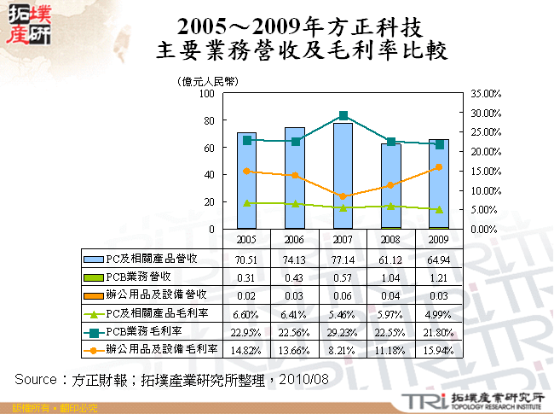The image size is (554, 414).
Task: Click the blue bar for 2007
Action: coord(343,176)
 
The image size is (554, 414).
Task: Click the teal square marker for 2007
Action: coord(343,115)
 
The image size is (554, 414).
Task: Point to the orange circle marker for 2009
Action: coord(439,167)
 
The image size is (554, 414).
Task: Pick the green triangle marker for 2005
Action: coord(247,203)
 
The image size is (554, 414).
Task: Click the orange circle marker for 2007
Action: coord(343,197)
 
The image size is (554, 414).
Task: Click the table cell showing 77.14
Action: coord(343,258)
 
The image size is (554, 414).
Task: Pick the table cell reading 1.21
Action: coord(439,277)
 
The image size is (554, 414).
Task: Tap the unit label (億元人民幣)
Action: coord(207,81)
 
